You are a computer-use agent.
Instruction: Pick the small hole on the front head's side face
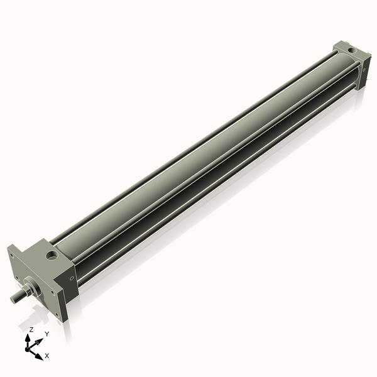point(72,279)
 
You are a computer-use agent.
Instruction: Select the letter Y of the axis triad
point(46,334)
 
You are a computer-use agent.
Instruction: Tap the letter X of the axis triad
point(47,356)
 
